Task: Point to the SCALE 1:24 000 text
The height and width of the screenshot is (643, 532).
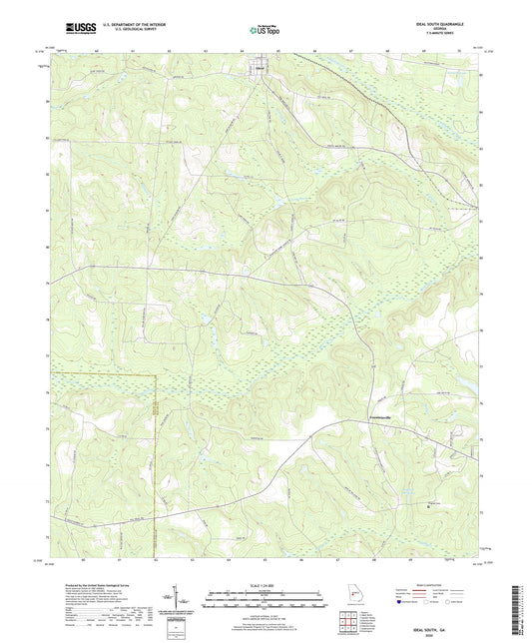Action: (266, 585)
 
